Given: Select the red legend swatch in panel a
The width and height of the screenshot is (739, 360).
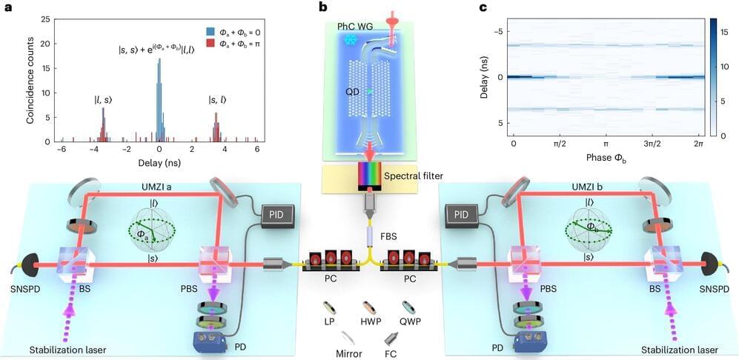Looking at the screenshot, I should pyautogui.click(x=211, y=43).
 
